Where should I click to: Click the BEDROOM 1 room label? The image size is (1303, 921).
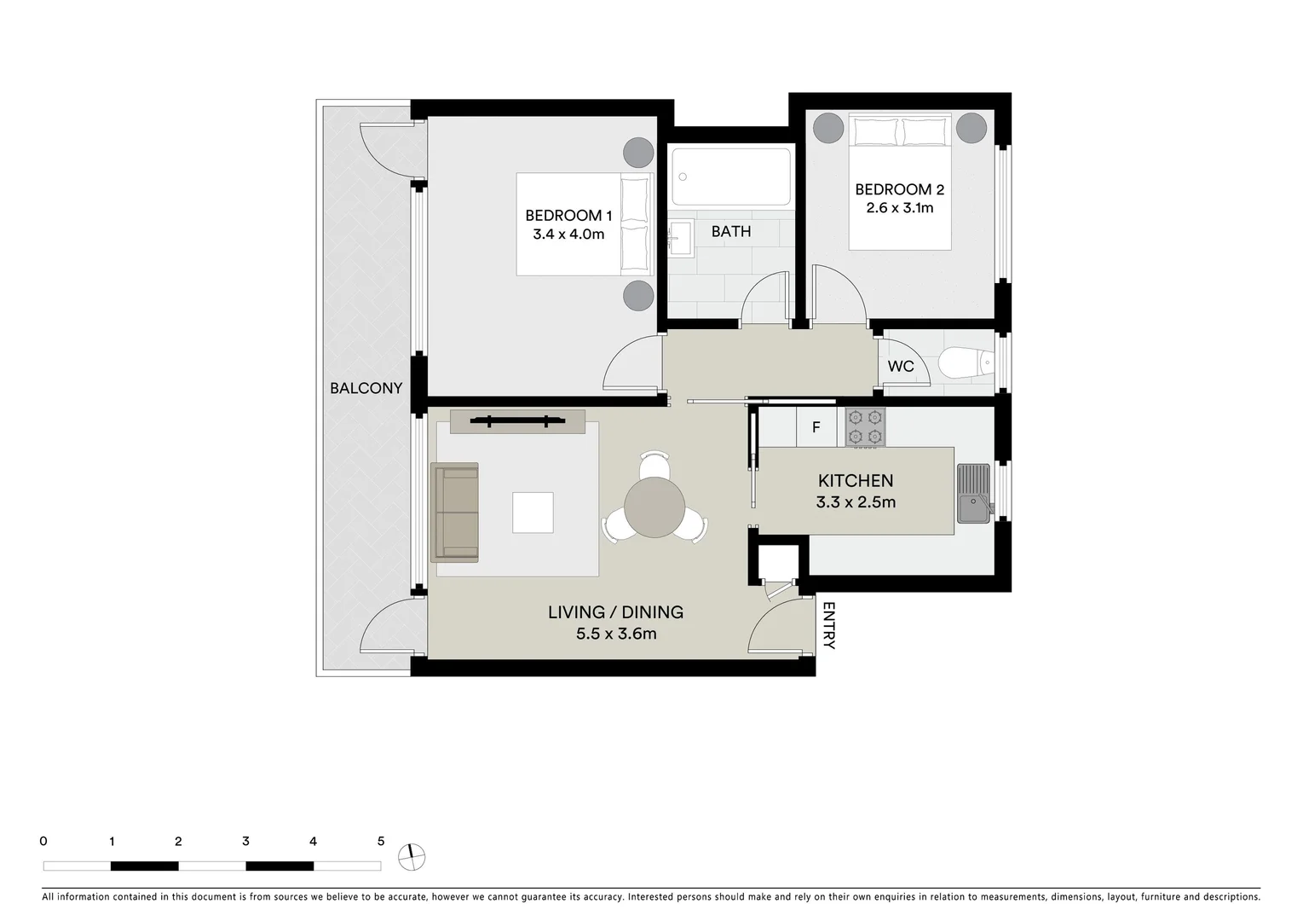(568, 216)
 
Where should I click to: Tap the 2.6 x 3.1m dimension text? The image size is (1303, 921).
(900, 208)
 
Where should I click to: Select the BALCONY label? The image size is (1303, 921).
(366, 388)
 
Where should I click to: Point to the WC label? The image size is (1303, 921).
(901, 367)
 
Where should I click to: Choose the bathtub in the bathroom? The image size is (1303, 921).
(730, 177)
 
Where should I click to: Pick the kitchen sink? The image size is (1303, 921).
(973, 494)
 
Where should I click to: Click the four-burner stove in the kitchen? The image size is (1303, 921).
(865, 427)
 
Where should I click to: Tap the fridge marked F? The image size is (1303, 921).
(816, 427)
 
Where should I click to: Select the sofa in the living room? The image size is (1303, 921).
(455, 512)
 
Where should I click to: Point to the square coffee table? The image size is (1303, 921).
(533, 513)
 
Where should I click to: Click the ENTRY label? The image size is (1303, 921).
(829, 627)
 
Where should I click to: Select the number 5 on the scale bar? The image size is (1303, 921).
(381, 842)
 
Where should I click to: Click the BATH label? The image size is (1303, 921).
(731, 231)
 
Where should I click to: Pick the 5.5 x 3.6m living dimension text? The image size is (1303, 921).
(616, 634)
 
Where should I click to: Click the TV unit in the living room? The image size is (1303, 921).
(517, 421)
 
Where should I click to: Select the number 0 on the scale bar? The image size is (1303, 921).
(43, 842)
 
